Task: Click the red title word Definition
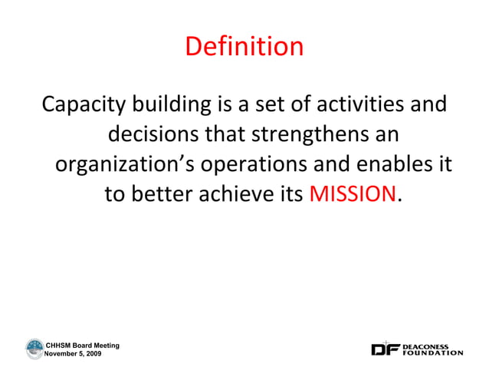(244, 48)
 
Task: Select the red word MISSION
(353, 195)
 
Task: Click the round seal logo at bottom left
(34, 349)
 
